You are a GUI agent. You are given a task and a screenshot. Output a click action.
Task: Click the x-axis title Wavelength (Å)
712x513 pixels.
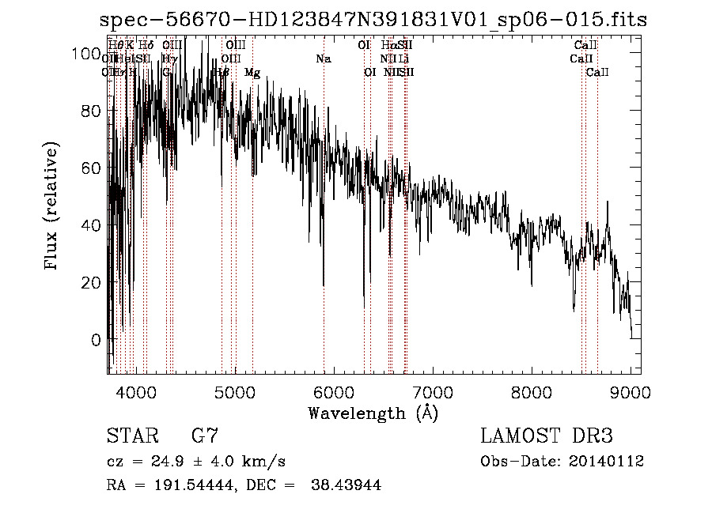tap(373, 413)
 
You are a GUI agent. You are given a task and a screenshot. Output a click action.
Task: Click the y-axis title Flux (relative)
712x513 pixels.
tap(52, 207)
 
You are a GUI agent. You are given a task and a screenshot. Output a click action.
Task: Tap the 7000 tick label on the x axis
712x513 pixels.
tap(433, 392)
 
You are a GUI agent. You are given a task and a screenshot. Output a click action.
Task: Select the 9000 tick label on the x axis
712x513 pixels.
tap(631, 392)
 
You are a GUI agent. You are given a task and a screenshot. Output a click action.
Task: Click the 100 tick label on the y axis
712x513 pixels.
tap(81, 54)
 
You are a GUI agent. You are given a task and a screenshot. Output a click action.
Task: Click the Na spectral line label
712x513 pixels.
tap(323, 59)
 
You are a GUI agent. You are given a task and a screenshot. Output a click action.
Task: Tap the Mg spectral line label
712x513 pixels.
tap(252, 73)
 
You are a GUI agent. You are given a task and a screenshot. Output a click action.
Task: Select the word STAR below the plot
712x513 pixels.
tap(131, 436)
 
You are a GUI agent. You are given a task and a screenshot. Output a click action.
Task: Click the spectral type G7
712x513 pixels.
tap(205, 436)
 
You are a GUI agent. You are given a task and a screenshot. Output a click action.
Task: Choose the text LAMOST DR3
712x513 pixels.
tap(546, 436)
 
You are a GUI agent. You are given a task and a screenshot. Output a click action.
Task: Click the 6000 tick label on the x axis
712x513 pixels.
tap(334, 392)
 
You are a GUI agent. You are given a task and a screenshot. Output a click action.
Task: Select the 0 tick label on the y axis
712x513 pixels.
tap(97, 340)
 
